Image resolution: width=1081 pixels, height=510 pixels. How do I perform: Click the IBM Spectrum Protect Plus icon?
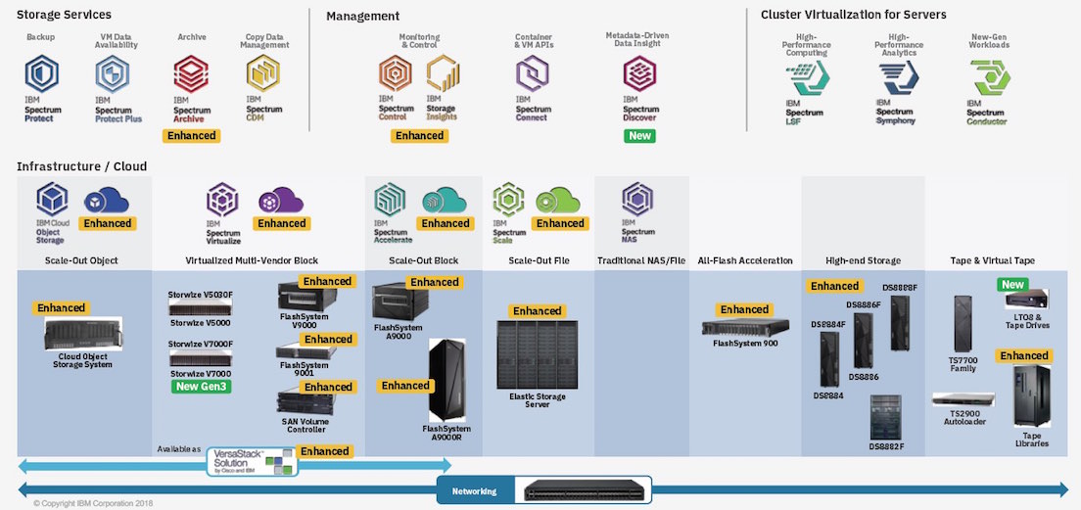[113, 75]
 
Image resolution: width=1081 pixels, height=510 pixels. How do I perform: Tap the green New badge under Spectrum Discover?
[639, 135]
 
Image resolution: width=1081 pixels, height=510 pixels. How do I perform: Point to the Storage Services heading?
[64, 15]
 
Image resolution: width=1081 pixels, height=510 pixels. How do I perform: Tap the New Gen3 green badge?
[202, 387]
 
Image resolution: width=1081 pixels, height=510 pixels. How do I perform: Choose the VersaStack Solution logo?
[251, 461]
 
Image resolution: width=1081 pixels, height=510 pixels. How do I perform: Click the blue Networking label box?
[474, 490]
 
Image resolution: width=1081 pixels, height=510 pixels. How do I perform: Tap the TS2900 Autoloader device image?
[963, 399]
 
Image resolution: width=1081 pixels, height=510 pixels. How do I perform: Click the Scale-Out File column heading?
[538, 261]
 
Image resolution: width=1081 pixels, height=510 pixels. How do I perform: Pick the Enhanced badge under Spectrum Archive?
[191, 135]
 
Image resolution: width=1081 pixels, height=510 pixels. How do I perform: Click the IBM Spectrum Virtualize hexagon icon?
[221, 200]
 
